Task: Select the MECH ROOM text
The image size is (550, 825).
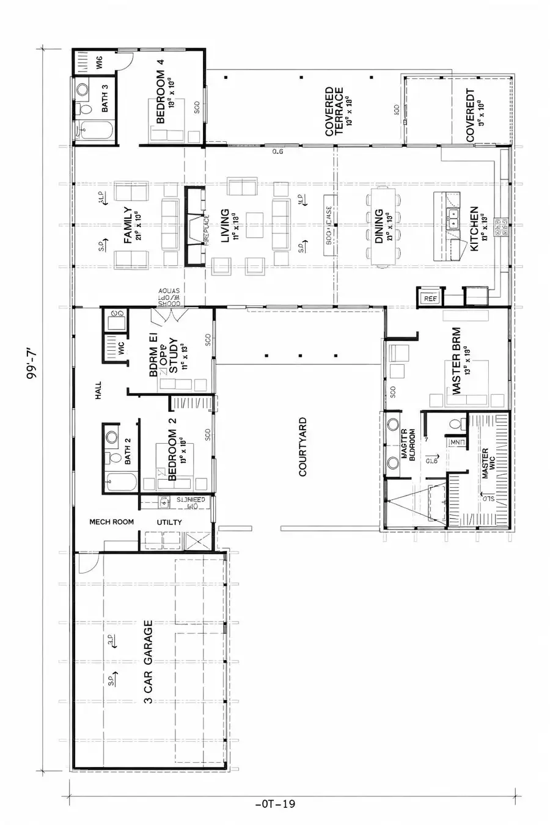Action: pyautogui.click(x=111, y=522)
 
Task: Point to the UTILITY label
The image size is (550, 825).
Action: pyautogui.click(x=169, y=522)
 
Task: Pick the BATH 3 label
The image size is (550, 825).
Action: pyautogui.click(x=105, y=98)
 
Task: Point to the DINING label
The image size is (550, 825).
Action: pyautogui.click(x=379, y=226)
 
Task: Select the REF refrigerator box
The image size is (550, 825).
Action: pyautogui.click(x=430, y=298)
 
